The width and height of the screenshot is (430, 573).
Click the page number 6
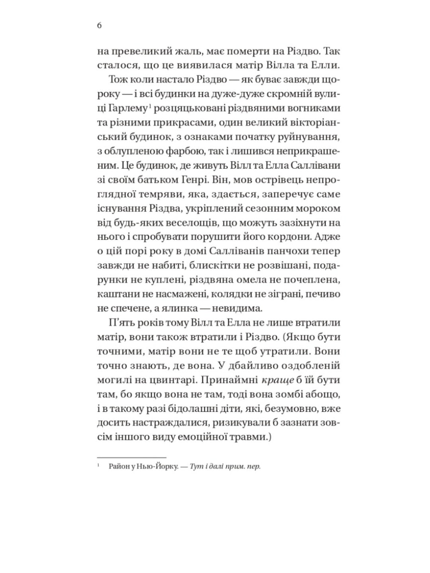99,26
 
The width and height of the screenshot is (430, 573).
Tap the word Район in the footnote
119,466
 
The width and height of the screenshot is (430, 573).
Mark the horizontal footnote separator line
132,458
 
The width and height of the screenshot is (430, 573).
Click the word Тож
118,80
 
